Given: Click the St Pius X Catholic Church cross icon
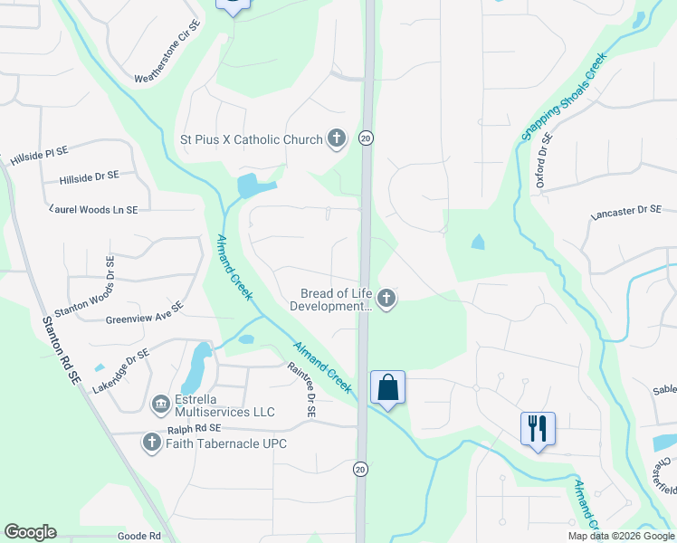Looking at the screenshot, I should (337, 139).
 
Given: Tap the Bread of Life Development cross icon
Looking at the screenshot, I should (386, 299).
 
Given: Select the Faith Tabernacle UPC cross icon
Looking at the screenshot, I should (151, 443).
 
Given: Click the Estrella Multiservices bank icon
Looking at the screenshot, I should (160, 404).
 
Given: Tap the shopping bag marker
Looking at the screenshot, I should (387, 388).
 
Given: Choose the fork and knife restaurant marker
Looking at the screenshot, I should (538, 428).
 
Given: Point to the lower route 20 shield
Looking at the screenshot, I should (360, 469).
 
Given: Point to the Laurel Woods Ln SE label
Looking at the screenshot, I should (94, 209).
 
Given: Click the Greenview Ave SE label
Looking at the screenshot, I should (145, 313).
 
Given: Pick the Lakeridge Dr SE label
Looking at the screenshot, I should (119, 372).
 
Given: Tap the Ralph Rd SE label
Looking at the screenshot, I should (194, 429).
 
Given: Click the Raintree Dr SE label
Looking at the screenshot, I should (301, 390).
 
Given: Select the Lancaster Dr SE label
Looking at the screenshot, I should (626, 213).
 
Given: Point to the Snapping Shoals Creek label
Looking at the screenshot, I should (562, 96).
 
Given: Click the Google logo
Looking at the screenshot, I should (30, 532).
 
